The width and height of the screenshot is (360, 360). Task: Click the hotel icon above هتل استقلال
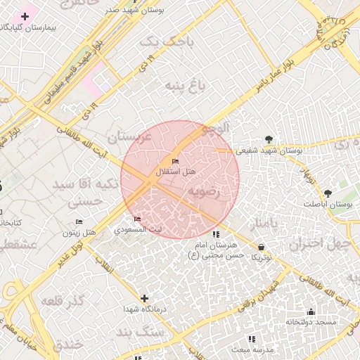coord(175,162)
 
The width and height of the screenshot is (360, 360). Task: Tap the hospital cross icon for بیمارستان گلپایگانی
coord(25,16)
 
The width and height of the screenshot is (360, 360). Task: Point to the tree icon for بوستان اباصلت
coord(327,193)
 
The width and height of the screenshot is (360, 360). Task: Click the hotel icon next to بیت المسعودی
coord(137,219)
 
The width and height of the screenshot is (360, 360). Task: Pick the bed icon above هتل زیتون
coord(79,222)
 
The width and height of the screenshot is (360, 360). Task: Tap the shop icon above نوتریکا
coord(262,247)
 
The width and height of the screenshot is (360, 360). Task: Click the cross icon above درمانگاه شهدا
coord(144,298)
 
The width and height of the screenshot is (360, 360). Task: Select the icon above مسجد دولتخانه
coord(310,311)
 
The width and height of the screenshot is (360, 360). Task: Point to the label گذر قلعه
coord(62,301)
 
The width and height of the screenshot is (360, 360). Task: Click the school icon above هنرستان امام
coord(214,234)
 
